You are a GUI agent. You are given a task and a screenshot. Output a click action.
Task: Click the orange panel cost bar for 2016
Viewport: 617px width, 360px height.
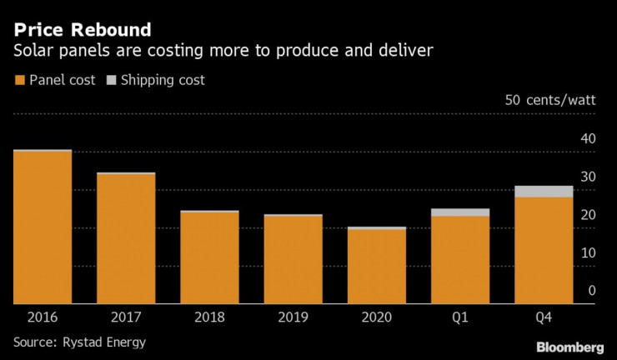pyautogui.click(x=43, y=227)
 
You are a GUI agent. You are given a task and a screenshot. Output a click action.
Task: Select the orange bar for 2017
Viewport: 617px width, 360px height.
pyautogui.click(x=126, y=239)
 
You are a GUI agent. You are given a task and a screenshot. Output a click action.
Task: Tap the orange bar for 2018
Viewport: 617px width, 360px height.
pyautogui.click(x=209, y=258)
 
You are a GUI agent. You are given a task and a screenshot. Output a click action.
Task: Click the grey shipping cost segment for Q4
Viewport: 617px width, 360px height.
pyautogui.click(x=544, y=192)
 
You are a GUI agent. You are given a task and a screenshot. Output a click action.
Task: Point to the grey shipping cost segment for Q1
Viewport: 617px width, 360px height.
pyautogui.click(x=460, y=212)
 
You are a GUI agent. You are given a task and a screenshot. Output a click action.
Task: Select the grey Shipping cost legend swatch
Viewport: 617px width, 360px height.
pyautogui.click(x=111, y=81)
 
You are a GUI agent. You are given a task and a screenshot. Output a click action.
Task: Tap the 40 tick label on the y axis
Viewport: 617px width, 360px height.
pyautogui.click(x=587, y=138)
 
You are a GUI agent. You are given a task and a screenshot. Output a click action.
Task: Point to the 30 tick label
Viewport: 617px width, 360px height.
pyautogui.click(x=587, y=177)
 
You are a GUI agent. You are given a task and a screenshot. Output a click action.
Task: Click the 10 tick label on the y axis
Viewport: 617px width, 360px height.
pyautogui.click(x=587, y=252)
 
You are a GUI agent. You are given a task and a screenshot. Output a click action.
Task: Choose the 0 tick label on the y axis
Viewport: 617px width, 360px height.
pyautogui.click(x=591, y=290)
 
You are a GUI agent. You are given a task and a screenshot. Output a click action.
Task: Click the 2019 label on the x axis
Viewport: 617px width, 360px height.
pyautogui.click(x=293, y=317)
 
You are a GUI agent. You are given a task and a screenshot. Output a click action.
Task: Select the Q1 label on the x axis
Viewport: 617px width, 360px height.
pyautogui.click(x=460, y=317)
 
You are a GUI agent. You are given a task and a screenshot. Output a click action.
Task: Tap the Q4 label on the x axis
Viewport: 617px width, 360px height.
pyautogui.click(x=544, y=317)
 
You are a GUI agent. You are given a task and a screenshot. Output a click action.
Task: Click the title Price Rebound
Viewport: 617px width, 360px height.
pyautogui.click(x=82, y=31)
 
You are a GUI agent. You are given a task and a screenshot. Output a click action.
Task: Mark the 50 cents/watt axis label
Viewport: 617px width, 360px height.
pyautogui.click(x=550, y=101)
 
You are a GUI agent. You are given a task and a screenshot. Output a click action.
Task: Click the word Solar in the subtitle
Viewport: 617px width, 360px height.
pyautogui.click(x=33, y=52)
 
